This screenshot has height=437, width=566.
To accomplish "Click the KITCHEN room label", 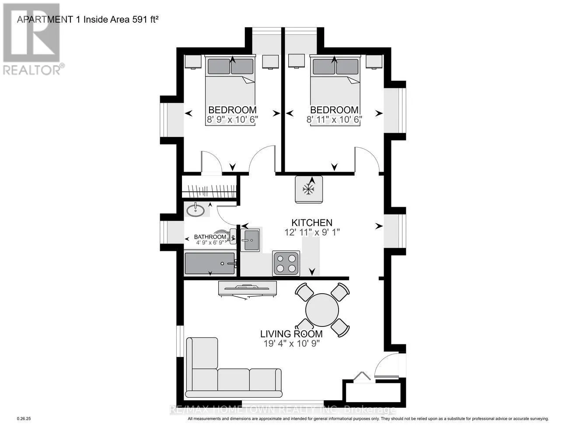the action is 311,223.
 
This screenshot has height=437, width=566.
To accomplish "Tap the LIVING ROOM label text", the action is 291,334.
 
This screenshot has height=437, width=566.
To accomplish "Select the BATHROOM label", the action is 210,237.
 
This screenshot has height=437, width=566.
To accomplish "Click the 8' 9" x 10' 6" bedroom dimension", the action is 232,119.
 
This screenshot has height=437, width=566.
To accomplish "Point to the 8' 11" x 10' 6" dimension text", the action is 335,119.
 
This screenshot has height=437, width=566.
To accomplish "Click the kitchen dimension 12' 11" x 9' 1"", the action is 312,232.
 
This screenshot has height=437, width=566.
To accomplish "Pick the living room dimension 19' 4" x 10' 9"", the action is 292,343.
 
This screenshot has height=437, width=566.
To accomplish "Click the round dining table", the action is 322,310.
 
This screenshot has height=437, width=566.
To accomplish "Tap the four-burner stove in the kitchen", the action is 286,263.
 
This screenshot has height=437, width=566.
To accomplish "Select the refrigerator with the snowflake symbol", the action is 309,189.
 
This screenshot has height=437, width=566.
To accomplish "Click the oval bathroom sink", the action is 196,210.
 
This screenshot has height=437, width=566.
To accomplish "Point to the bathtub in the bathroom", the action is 210,264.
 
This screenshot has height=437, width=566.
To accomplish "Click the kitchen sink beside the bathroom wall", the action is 250,240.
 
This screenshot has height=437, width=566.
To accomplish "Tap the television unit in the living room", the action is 247,289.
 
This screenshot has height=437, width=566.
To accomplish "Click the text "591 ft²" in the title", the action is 145,20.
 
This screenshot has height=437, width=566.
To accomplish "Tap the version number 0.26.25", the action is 24,419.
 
